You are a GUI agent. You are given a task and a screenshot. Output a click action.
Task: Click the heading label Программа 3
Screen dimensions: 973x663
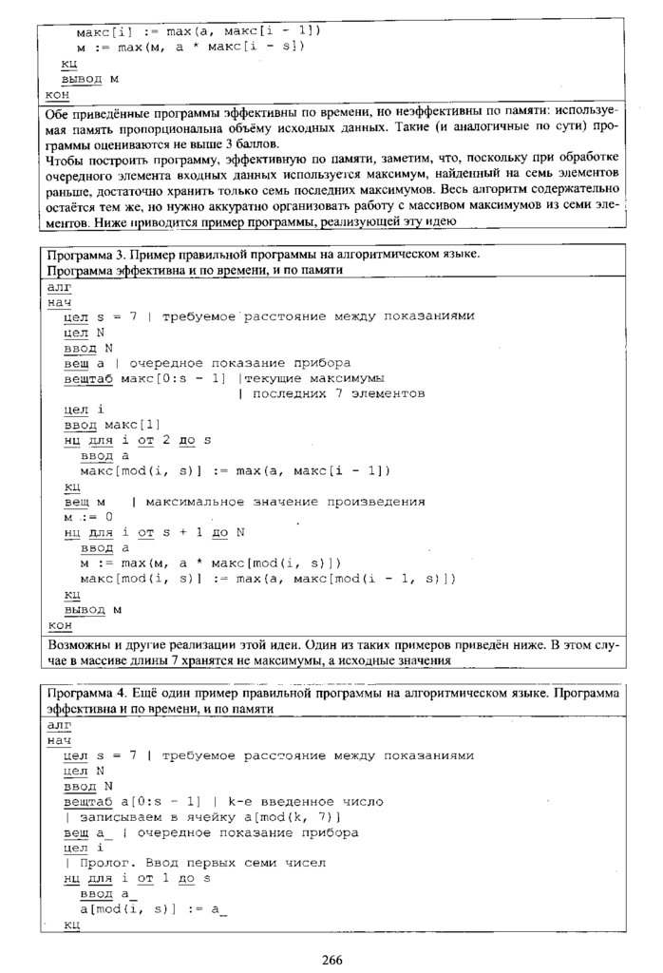(x=85, y=255)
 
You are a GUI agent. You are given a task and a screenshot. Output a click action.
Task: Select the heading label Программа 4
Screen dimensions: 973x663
(x=85, y=693)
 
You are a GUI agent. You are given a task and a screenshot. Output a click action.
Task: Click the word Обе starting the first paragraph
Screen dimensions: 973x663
(x=58, y=113)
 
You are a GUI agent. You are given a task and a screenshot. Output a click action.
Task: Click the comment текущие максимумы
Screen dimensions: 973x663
(x=305, y=378)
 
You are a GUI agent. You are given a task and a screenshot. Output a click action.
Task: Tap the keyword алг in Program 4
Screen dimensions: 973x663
(x=59, y=724)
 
